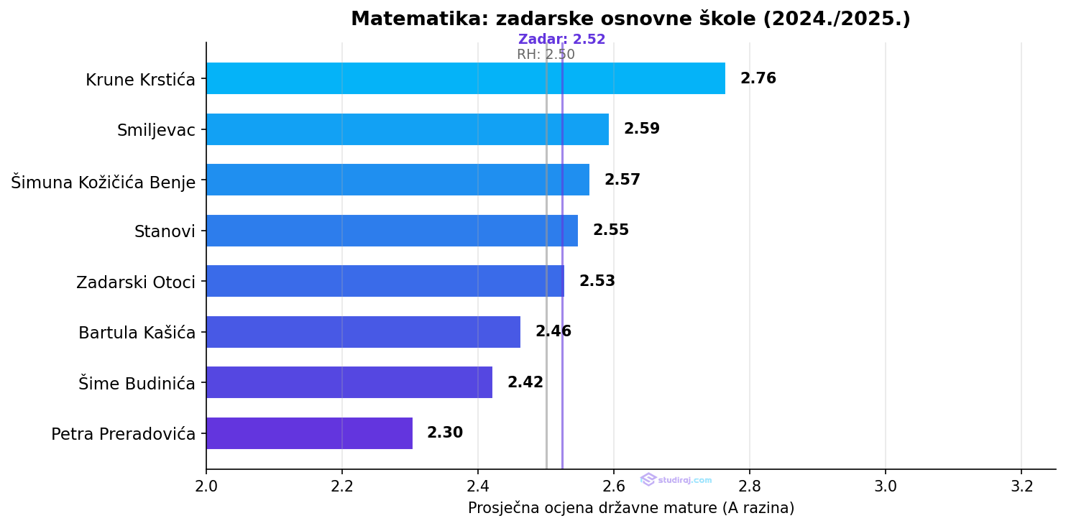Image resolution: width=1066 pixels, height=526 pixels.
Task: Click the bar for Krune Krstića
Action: tap(465, 78)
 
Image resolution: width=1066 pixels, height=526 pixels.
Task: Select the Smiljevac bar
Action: tap(407, 129)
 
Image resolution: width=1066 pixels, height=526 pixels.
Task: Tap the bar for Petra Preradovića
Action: tap(309, 433)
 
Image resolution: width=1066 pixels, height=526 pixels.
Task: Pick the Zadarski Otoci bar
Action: tap(385, 281)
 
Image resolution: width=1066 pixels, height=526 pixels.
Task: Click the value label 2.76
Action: tap(758, 78)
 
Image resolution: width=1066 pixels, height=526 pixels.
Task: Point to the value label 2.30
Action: tap(444, 433)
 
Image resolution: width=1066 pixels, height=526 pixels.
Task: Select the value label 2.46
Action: tap(553, 332)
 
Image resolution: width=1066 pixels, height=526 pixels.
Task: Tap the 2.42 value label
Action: tap(525, 382)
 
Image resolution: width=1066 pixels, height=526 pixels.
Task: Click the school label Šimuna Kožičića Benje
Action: tap(104, 182)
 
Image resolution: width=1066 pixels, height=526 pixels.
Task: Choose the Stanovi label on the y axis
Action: tap(165, 231)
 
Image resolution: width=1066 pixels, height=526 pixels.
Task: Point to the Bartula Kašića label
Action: tap(137, 333)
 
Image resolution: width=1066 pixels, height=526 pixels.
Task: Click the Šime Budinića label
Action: tap(137, 384)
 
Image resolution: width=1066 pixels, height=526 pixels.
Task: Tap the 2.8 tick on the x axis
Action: tap(750, 486)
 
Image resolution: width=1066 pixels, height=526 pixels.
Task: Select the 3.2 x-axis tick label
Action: tap(1021, 486)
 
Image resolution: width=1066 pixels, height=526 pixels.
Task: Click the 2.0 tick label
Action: tap(206, 486)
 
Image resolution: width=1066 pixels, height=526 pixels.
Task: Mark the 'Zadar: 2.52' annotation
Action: tap(561, 40)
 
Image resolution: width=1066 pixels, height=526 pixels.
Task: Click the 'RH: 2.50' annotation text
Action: tap(546, 55)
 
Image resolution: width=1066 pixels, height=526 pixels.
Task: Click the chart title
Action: tap(630, 19)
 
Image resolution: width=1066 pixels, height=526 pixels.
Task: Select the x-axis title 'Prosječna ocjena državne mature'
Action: tap(630, 508)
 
